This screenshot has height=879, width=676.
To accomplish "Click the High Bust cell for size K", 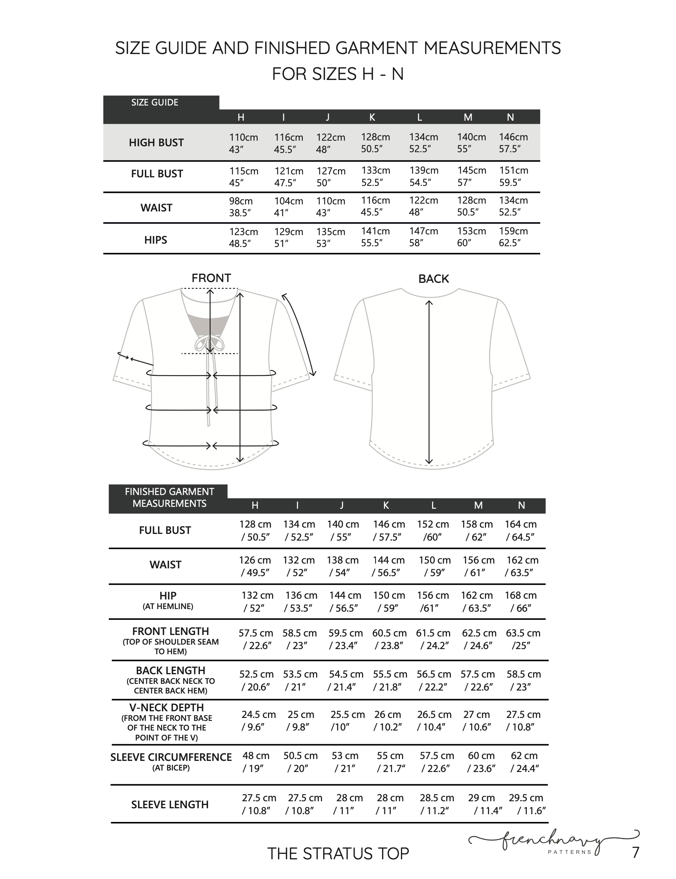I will pos(375,143).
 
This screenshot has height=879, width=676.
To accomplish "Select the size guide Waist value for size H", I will pos(241,207).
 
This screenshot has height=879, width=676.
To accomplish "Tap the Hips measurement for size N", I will pos(513,237).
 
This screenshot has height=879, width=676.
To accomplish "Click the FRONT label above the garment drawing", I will pos(211,278).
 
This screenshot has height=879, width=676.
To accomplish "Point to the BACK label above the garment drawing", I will pos(434,279).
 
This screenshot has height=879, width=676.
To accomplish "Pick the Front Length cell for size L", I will pos(433,639).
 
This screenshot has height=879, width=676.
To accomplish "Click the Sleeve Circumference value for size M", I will pos(481,762).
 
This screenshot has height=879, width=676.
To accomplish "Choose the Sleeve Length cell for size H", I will pos(258,804).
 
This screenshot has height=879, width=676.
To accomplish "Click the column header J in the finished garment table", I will pos(341,505).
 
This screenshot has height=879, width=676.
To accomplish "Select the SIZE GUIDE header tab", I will pos(155,103).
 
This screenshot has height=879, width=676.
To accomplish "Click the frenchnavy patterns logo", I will pos(555,841).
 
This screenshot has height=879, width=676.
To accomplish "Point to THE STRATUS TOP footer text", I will pos(338,853).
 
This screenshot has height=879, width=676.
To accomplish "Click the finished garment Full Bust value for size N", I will pos(520,531).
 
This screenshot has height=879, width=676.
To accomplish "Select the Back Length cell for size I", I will pos(299,680).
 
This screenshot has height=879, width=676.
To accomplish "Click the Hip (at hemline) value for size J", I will pos(344,601).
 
